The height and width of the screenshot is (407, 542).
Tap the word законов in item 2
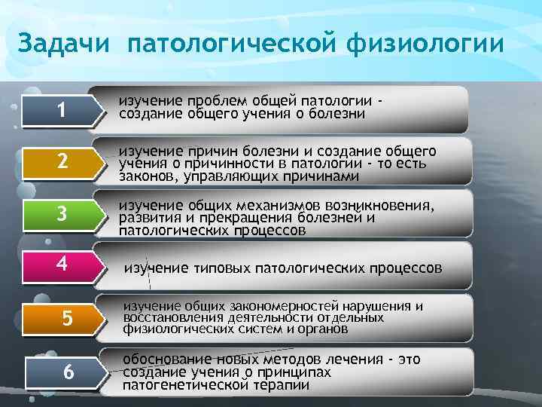point(147,176)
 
